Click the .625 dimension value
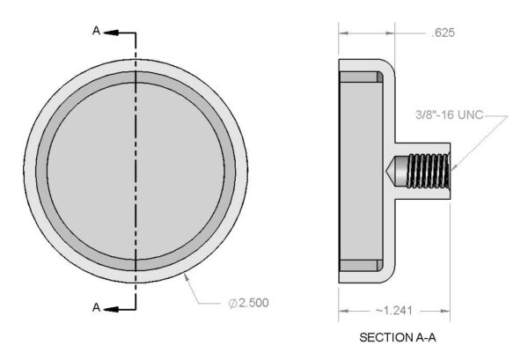(443, 33)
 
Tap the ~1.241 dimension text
(393, 310)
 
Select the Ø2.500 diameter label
(248, 303)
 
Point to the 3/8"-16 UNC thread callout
(449, 114)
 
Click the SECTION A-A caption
(398, 337)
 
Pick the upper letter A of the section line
(96, 31)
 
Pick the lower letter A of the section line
(96, 307)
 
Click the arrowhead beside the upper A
(111, 33)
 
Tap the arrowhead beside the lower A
(111, 309)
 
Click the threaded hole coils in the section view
(428, 171)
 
